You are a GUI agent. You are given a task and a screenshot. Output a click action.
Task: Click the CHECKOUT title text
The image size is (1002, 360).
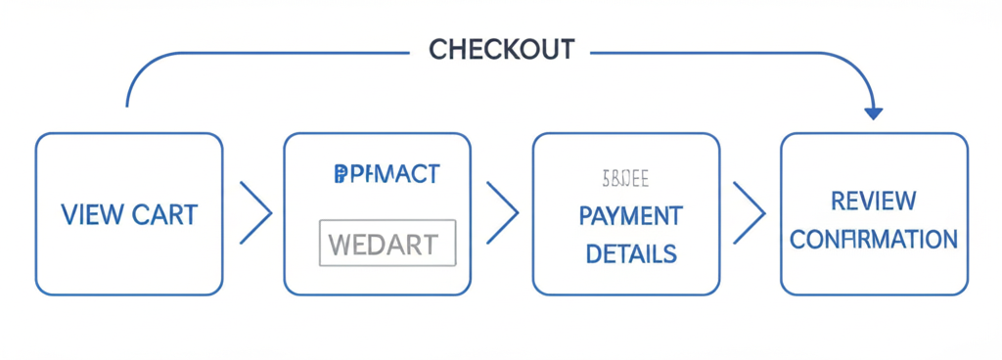click(x=502, y=50)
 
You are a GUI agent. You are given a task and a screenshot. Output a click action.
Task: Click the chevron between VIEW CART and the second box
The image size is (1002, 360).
click(x=255, y=212)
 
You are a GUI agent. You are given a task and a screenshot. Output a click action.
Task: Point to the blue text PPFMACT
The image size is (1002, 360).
click(x=387, y=174)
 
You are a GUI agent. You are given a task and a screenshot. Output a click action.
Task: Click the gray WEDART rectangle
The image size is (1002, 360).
click(x=387, y=244)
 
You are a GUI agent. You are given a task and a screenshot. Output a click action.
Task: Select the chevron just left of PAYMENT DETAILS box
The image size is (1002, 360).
click(x=502, y=212)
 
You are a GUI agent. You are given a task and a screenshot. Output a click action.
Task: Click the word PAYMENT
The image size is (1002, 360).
click(x=630, y=215)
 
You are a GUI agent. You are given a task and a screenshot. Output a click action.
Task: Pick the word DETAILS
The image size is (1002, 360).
click(x=630, y=254)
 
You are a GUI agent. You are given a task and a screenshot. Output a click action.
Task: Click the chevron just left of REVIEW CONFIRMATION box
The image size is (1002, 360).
click(x=750, y=212)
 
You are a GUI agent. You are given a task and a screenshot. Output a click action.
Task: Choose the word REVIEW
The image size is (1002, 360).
click(x=873, y=202)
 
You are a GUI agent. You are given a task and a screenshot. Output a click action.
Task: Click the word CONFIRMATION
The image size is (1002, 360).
click(x=873, y=240)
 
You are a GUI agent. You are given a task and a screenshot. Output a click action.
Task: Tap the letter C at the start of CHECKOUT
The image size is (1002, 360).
click(x=437, y=50)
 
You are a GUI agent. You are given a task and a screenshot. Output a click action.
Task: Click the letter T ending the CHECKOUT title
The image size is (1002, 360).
click(x=568, y=50)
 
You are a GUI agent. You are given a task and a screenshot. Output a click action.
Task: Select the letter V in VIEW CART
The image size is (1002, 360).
click(x=68, y=213)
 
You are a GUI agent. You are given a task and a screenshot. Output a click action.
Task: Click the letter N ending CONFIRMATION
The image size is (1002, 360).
click(x=948, y=240)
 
